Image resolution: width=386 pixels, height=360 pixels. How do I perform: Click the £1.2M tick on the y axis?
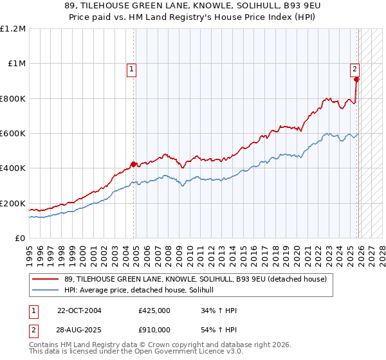(x=13, y=29)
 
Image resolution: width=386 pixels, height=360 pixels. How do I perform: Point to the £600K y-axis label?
(x=13, y=134)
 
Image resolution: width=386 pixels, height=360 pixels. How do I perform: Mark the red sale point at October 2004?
(x=134, y=164)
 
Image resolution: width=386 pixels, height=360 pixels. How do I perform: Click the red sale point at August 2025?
(x=356, y=80)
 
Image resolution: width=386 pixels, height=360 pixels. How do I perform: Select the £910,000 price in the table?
(x=154, y=329)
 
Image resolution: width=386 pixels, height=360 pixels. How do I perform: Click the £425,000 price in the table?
(x=154, y=310)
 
